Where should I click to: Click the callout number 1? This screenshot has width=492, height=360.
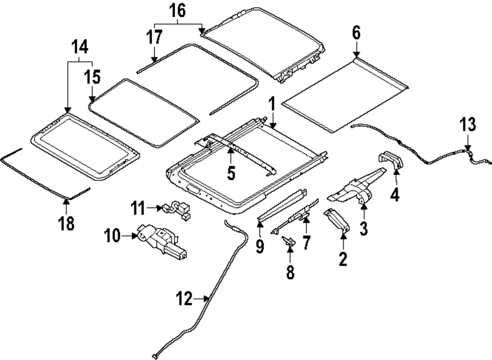pyautogui.click(x=271, y=105)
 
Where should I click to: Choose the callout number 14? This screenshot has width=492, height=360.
pyautogui.click(x=80, y=47)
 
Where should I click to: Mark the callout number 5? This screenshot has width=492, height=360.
pyautogui.click(x=231, y=173)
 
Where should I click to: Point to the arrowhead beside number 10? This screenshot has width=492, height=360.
pyautogui.click(x=134, y=237)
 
